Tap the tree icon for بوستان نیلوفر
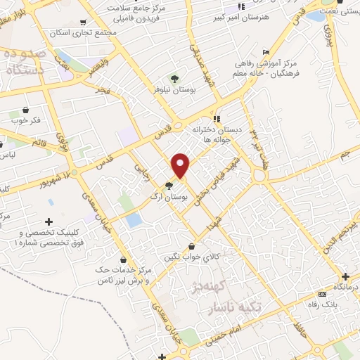click(174, 78)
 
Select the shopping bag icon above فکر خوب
click(26, 110)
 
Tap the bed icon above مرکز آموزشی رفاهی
click(265, 52)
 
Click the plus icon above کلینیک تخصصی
click(49, 222)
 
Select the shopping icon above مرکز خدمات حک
click(124, 259)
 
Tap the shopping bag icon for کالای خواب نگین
click(193, 246)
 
